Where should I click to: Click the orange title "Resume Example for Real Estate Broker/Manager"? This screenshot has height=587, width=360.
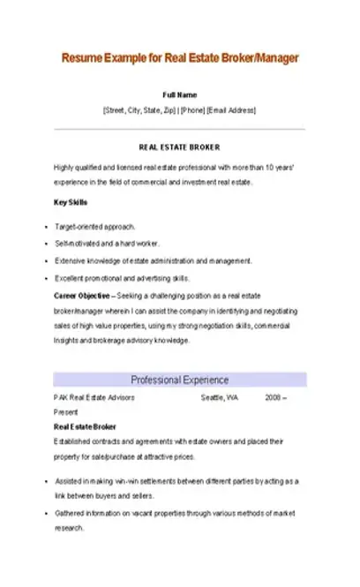[x=180, y=58]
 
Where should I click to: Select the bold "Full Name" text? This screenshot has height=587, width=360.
[x=180, y=94]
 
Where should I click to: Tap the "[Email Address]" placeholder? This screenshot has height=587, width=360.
[x=230, y=110]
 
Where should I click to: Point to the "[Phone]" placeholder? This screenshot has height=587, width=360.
[x=192, y=110]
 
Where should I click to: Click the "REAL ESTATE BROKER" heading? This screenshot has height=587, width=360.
[x=180, y=147]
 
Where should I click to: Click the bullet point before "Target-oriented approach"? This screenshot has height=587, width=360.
[x=45, y=228]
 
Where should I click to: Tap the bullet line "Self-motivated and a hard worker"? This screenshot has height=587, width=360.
[x=99, y=244]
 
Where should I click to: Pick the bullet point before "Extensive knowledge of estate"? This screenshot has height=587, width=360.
[x=45, y=261]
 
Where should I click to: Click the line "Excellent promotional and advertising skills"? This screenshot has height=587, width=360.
[x=122, y=278]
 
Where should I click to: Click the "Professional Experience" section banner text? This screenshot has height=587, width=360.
[x=180, y=380]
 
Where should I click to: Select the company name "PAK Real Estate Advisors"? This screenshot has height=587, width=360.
[x=94, y=398]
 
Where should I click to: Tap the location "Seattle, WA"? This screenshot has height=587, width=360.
[x=220, y=398]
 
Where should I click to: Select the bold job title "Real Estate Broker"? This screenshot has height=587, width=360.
[x=86, y=426]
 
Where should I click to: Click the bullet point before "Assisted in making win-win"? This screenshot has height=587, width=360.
[x=45, y=482]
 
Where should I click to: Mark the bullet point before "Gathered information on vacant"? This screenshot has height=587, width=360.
[x=45, y=512]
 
